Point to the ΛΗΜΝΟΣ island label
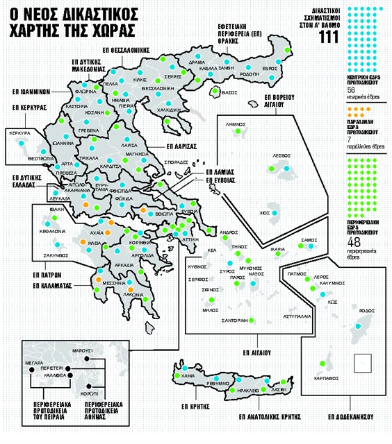[x=238, y=121]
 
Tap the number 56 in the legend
[x=351, y=89]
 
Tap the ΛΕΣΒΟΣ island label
[x=281, y=157]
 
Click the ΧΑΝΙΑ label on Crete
[x=187, y=375]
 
